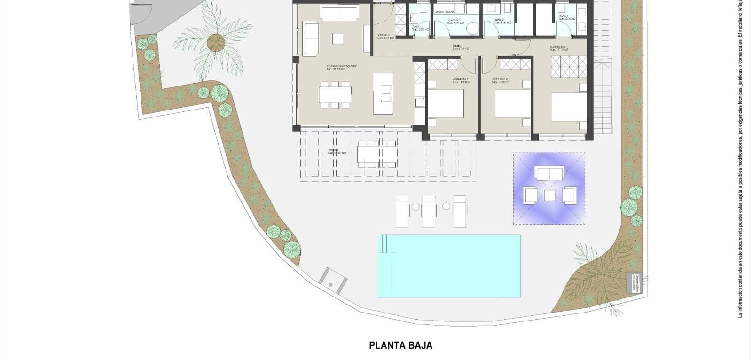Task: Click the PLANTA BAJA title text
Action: point(400,345)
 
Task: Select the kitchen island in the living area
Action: point(383,93)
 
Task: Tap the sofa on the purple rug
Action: point(549,174)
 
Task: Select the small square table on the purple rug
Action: point(550,195)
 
